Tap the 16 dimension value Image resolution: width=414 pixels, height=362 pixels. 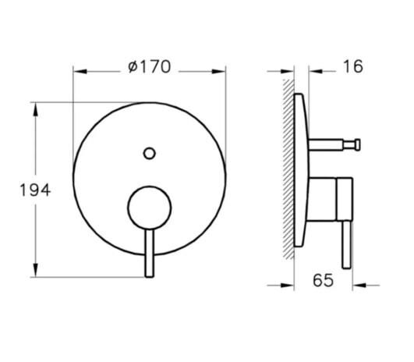click(352, 67)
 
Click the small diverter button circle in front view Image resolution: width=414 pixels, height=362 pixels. click(150, 154)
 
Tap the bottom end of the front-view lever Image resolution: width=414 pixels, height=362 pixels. click(150, 272)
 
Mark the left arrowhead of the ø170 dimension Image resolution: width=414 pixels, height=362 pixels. click(79, 71)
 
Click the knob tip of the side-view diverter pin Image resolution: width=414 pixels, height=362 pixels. click(358, 143)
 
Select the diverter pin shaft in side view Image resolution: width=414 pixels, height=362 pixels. click(331, 143)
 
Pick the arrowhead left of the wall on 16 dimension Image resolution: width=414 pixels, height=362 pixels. click(287, 71)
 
